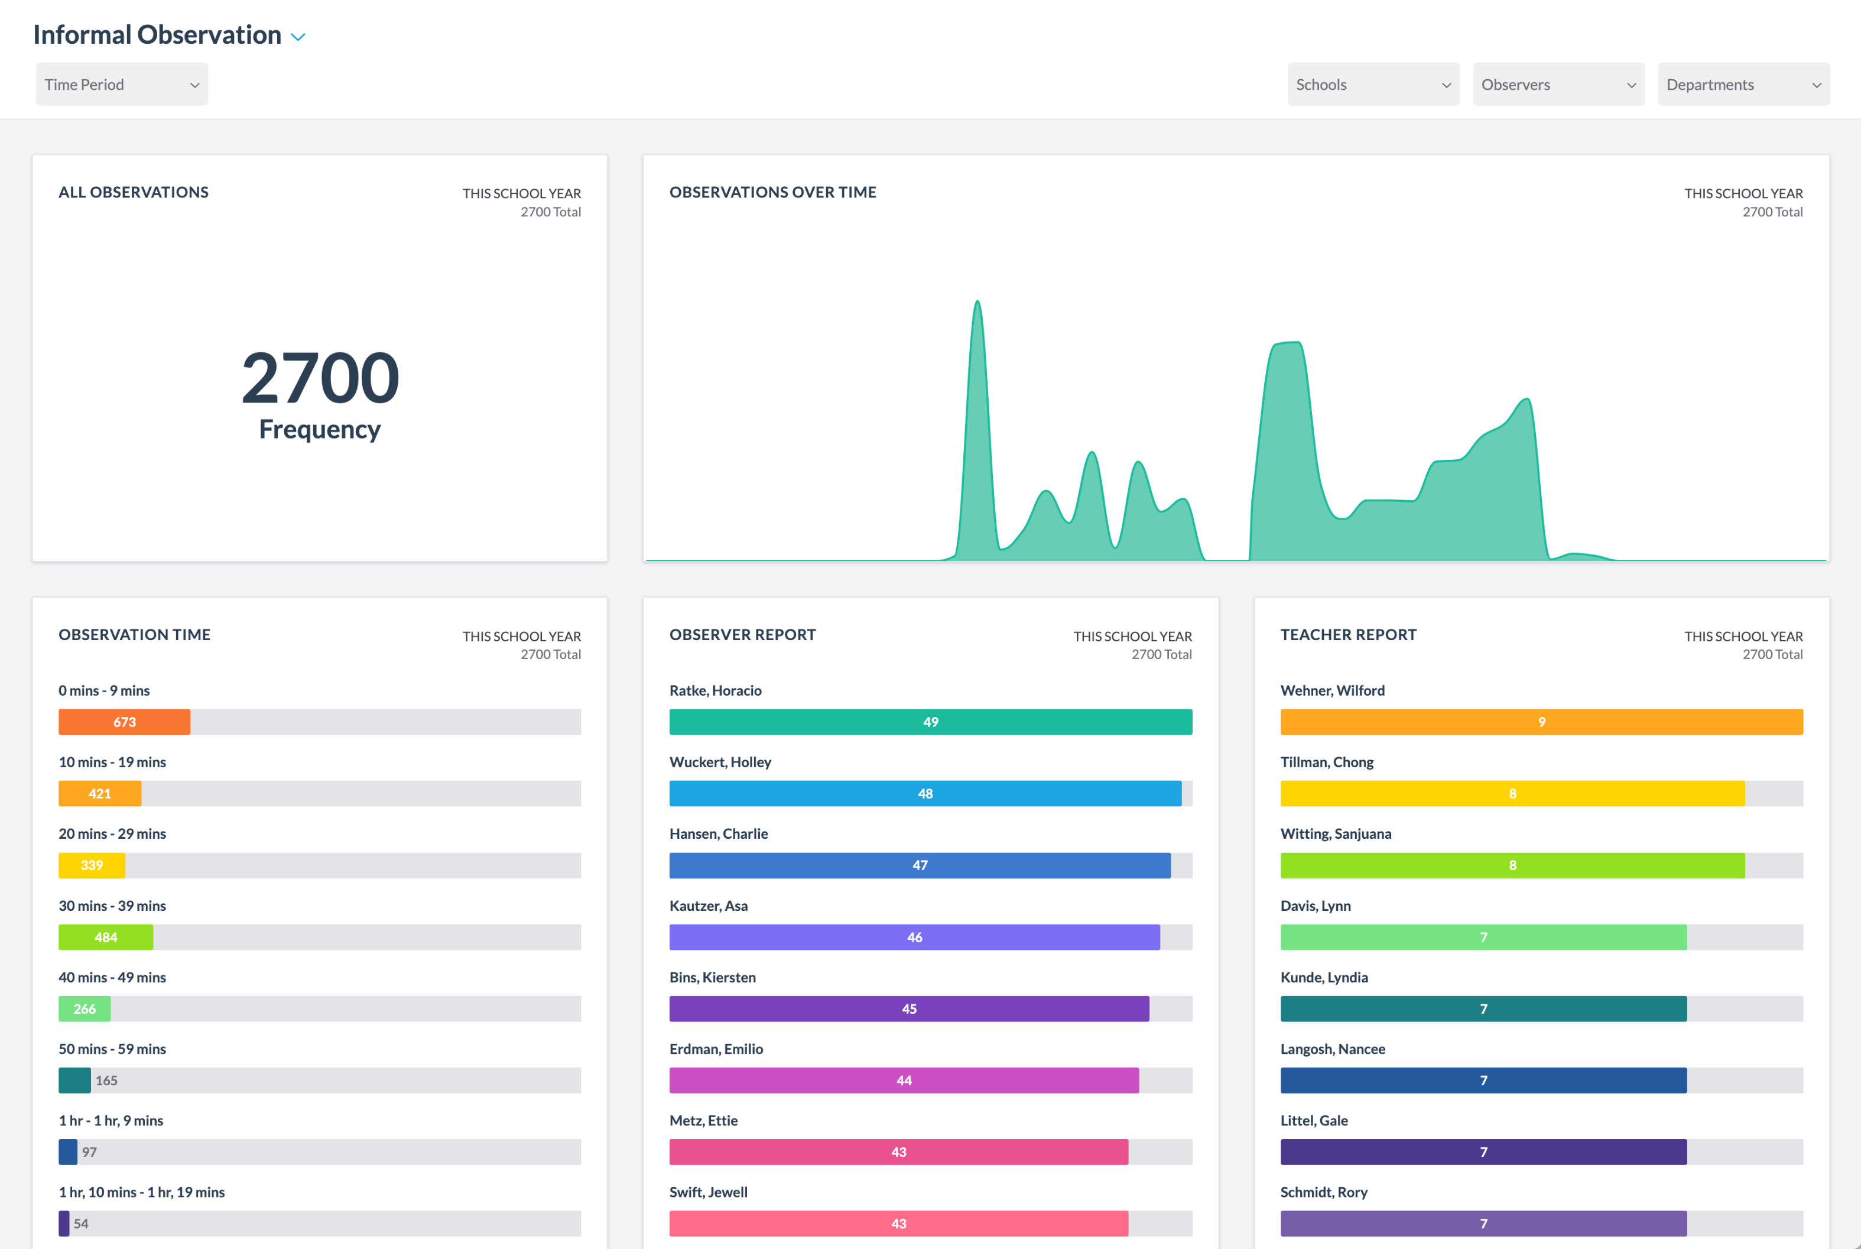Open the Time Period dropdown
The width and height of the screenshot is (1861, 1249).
(121, 85)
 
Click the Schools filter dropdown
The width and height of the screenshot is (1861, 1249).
(1372, 85)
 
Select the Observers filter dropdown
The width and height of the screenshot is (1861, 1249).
(1558, 85)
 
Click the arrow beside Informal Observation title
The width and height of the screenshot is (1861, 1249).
(298, 37)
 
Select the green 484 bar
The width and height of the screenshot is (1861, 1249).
(105, 937)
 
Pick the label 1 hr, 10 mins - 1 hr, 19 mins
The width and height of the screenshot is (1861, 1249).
(142, 1192)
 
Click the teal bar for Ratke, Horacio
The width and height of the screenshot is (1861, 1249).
(930, 722)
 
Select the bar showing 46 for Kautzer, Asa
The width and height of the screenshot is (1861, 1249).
(914, 937)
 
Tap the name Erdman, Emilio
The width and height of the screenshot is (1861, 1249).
(716, 1048)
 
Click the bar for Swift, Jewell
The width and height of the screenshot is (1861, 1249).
(898, 1224)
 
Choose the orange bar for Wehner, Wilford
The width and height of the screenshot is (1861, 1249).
(1541, 722)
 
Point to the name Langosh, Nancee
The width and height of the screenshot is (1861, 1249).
(1332, 1048)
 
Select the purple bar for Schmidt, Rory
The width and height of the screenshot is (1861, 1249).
(1483, 1224)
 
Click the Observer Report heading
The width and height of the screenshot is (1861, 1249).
(742, 635)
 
